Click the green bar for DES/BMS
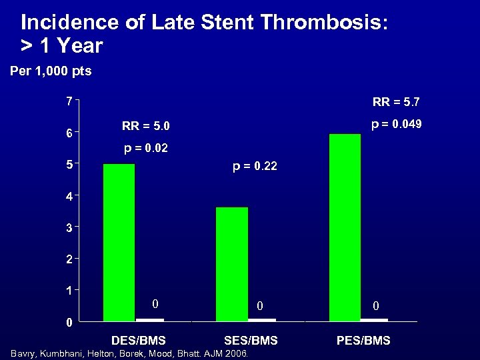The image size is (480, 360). click(119, 242)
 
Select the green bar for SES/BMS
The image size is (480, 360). click(231, 264)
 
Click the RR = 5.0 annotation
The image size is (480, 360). click(146, 126)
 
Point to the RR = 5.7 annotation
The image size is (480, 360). click(396, 103)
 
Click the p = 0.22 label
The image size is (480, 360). click(255, 167)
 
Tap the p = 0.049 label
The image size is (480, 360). click(396, 125)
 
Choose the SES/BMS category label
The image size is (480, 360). click(251, 341)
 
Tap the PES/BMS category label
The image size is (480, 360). click(364, 341)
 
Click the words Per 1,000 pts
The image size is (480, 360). click(51, 71)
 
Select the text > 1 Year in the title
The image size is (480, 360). click(62, 46)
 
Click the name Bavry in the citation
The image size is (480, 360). click(23, 353)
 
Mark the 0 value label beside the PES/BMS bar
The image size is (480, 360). click(376, 305)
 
